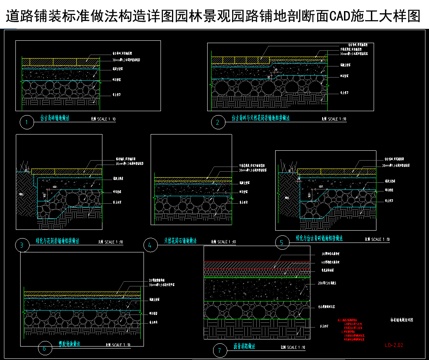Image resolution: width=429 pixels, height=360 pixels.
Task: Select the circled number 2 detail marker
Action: tap(218, 122)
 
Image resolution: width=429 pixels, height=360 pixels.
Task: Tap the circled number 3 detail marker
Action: tap(21, 244)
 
